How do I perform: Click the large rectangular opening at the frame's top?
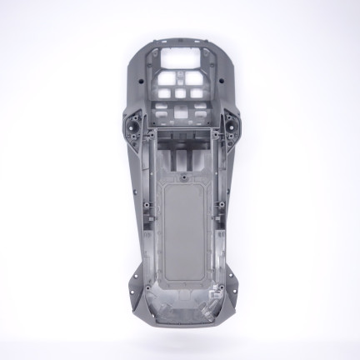[180, 61]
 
